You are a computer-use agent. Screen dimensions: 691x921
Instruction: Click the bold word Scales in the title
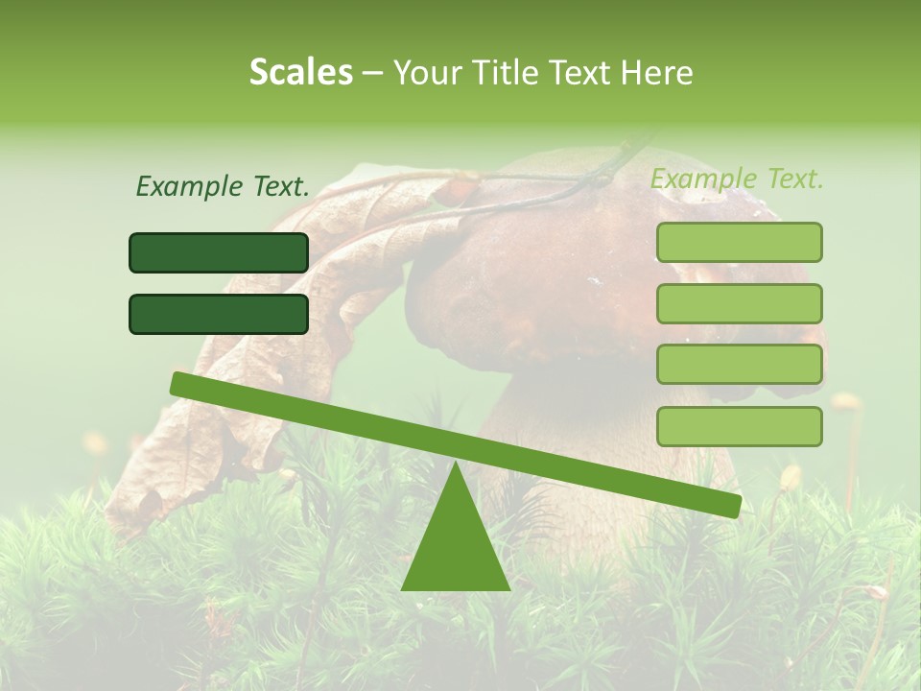[x=300, y=73]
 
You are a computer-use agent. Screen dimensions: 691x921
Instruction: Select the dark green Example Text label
[x=223, y=187]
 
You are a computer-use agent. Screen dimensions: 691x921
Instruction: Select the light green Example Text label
[x=737, y=179]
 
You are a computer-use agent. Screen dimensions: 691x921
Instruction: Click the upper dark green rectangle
[x=219, y=252]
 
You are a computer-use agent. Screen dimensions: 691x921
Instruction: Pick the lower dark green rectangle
[x=219, y=314]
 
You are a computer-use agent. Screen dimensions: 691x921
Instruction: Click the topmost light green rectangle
[x=739, y=242]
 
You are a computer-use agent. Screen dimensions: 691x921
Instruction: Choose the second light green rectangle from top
[x=739, y=303]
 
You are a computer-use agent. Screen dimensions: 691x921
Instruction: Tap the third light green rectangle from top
[x=739, y=365]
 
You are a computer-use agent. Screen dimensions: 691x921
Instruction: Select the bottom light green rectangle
[x=739, y=426]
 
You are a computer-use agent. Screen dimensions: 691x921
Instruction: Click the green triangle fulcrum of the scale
[x=456, y=547]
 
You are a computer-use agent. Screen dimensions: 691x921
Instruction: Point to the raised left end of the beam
[x=182, y=384]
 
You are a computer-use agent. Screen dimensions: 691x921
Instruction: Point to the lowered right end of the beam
[x=729, y=505]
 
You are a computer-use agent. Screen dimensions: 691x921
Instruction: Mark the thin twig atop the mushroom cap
[x=576, y=182]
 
